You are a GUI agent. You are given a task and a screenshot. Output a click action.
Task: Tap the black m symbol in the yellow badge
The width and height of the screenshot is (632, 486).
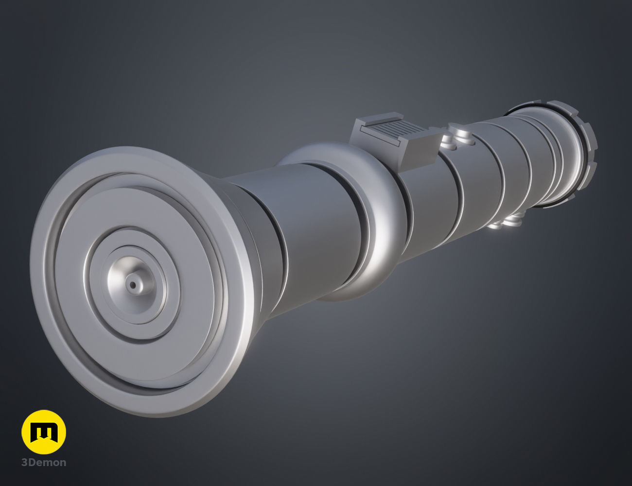point(44,432)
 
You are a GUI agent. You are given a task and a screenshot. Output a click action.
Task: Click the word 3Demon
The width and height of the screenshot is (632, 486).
point(44,462)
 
